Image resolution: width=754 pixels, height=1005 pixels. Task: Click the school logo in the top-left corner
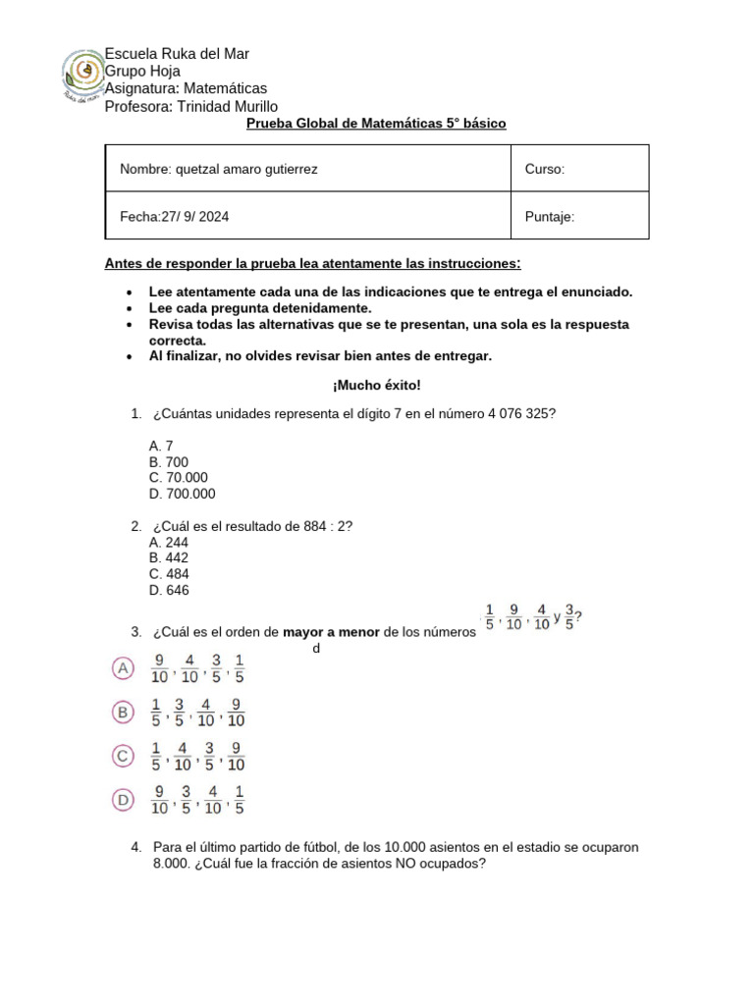[83, 77]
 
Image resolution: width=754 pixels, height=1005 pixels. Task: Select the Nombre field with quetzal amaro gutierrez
[219, 169]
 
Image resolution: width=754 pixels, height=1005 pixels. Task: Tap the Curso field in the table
[545, 169]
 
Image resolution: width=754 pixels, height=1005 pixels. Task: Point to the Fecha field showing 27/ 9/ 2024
[175, 217]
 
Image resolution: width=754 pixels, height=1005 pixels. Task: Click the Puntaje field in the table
[550, 217]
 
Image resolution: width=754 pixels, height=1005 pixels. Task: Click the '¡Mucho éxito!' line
[376, 386]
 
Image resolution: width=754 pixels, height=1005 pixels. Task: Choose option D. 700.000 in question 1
[182, 494]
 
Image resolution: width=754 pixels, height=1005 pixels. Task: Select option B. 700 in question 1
[169, 461]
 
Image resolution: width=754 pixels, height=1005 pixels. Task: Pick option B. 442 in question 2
[169, 557]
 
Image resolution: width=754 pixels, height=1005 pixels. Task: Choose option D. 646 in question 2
[169, 590]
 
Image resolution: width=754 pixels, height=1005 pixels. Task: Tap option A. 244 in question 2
[169, 542]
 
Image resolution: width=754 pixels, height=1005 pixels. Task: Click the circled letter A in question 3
[123, 668]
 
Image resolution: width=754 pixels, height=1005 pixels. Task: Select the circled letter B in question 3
[123, 713]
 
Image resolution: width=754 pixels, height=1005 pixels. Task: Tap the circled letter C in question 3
[123, 756]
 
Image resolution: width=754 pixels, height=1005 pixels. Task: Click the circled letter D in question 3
[123, 800]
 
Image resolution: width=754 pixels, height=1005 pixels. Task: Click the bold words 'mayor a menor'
[331, 632]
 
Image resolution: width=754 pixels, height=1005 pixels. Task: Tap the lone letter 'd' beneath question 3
[316, 649]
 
